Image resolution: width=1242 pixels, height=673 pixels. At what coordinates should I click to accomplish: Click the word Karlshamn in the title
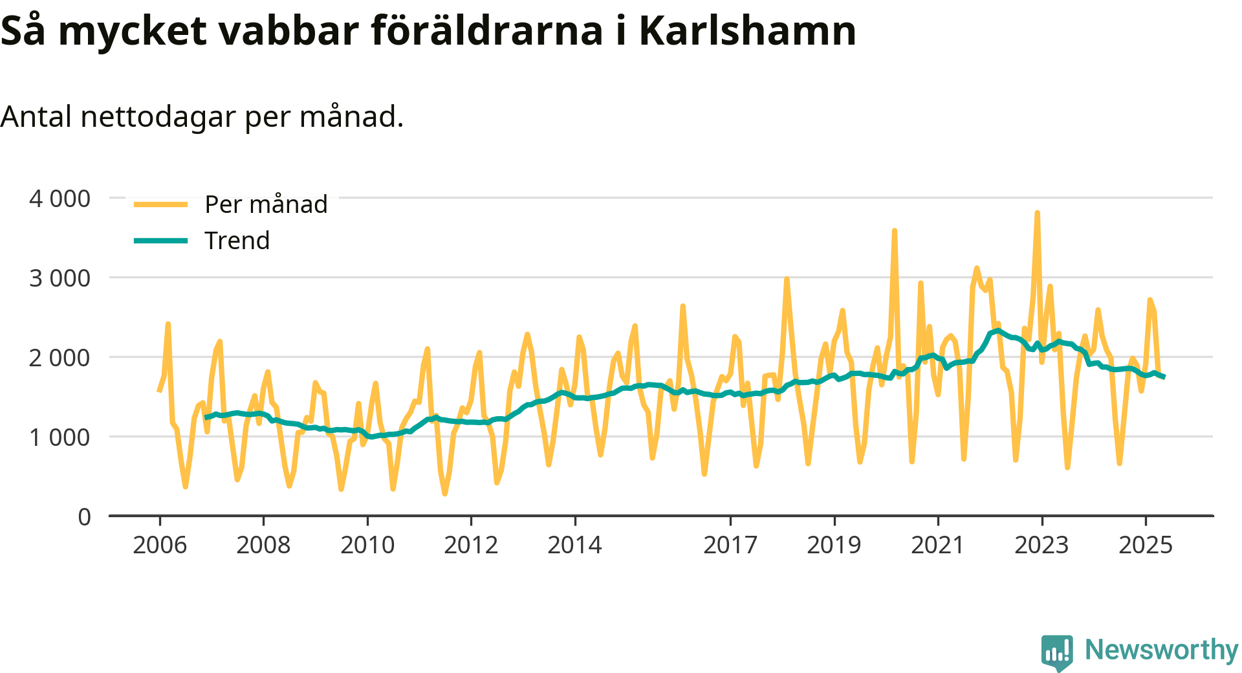coord(747,30)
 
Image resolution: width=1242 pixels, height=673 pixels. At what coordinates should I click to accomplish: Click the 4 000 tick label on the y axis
coord(60,199)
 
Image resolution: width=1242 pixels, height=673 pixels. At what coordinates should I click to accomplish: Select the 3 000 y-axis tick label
coord(60,278)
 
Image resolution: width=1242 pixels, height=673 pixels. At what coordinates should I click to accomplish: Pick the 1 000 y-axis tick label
coord(60,437)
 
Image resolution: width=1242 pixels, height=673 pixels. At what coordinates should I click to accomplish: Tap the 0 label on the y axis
coord(84,517)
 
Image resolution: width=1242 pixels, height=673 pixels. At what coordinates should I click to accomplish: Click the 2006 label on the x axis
coord(160,545)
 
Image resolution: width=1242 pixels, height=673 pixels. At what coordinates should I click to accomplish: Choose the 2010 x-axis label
coord(367,545)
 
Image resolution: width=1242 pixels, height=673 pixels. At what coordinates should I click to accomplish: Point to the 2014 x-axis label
coord(574,545)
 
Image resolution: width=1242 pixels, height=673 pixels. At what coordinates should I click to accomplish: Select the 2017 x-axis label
coord(730,545)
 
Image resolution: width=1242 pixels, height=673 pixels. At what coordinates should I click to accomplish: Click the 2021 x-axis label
coord(937,545)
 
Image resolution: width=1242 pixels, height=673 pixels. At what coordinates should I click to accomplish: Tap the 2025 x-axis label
coord(1145,545)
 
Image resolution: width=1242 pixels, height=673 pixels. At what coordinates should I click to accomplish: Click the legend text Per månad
coord(266,204)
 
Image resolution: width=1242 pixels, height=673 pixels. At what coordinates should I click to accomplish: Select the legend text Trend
coord(237,241)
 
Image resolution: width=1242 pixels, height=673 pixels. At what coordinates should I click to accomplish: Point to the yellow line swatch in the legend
coord(160,204)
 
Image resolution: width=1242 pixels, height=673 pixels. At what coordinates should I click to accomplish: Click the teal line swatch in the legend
coord(160,241)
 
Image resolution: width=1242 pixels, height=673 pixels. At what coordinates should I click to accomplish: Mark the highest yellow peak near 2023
coord(1037,213)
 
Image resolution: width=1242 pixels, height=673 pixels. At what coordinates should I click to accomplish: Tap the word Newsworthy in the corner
coord(1161,650)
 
